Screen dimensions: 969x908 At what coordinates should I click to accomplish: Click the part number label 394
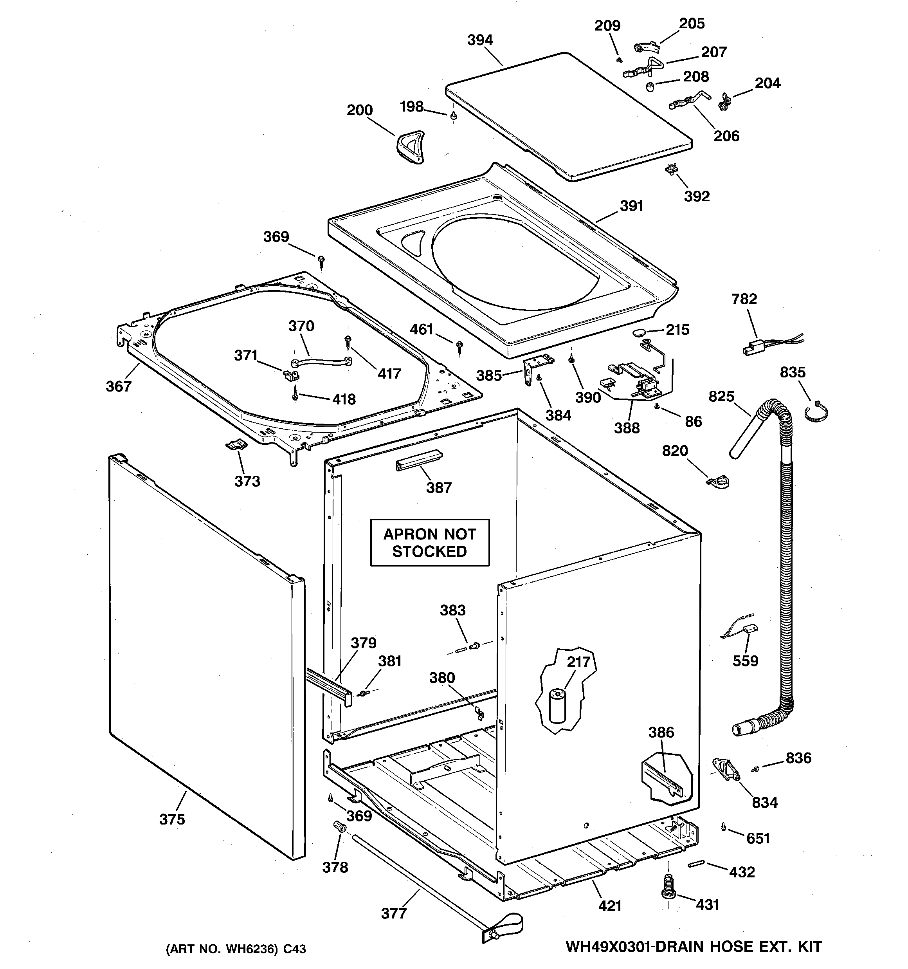click(x=480, y=40)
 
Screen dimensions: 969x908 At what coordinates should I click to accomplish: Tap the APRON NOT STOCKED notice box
click(x=429, y=543)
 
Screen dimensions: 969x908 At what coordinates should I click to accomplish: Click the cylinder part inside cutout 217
click(x=557, y=705)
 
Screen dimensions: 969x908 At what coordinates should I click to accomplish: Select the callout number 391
click(x=632, y=206)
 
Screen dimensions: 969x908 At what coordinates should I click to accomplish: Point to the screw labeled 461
click(x=459, y=346)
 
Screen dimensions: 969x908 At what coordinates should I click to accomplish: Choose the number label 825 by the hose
click(x=721, y=396)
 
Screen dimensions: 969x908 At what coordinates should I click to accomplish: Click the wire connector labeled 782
click(x=753, y=349)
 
